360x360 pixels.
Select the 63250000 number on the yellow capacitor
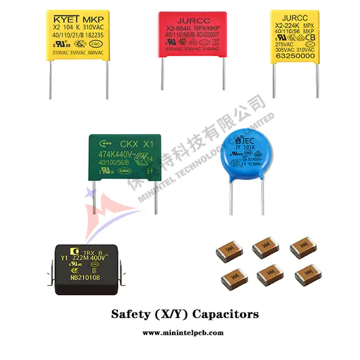(x=295, y=55)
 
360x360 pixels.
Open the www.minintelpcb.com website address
(x=180, y=333)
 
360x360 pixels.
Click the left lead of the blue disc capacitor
(x=231, y=198)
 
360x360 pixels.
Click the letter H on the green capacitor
(x=151, y=171)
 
